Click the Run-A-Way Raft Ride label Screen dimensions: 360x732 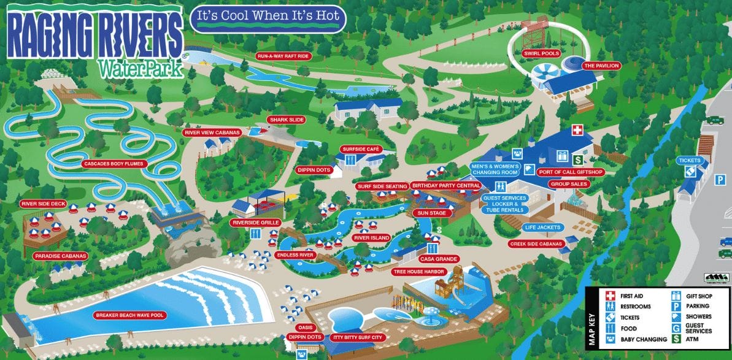pos(283,56)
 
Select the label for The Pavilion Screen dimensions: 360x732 pos(601,66)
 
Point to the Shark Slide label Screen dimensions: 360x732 pos(286,120)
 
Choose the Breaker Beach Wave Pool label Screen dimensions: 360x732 pos(129,315)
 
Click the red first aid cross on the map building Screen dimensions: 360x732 pos(577,130)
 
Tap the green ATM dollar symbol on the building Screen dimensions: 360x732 pos(577,159)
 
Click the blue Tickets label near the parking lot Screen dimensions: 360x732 pos(689,161)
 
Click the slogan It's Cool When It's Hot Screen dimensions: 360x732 pos(268,19)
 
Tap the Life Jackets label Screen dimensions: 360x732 pos(539,227)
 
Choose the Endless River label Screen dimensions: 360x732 pos(295,255)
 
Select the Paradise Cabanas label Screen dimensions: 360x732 pos(61,256)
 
